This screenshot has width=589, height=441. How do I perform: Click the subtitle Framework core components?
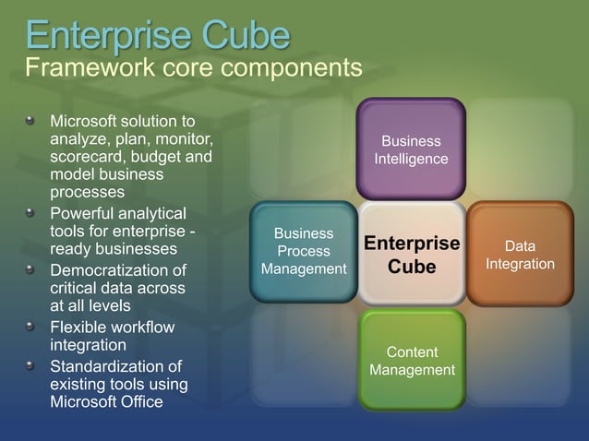click(x=193, y=68)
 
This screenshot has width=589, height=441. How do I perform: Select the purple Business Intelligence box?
click(x=411, y=149)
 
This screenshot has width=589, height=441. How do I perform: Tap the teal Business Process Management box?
click(x=304, y=252)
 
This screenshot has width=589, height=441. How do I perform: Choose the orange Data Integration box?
click(x=520, y=254)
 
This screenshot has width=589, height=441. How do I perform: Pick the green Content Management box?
click(x=412, y=360)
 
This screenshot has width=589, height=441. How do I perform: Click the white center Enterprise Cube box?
click(x=412, y=254)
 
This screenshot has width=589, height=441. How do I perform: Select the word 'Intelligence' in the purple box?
click(x=411, y=159)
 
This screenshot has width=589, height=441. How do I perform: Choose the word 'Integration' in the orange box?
click(x=520, y=264)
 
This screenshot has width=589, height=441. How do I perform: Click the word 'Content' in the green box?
click(x=412, y=352)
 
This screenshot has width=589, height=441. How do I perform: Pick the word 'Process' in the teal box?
click(x=304, y=251)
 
